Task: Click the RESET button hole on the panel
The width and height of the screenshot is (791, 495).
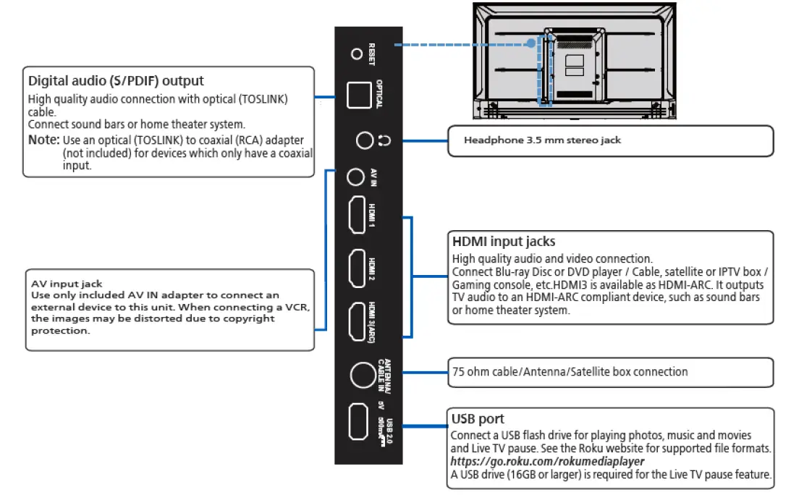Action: tap(355, 54)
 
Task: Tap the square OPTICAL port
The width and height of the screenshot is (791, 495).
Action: tap(360, 95)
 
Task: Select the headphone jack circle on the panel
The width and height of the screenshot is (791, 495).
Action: tap(365, 141)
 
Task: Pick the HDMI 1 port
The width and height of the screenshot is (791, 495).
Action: tap(357, 216)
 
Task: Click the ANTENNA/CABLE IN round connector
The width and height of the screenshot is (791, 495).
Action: tap(362, 374)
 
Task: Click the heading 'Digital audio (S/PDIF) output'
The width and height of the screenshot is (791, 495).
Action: tap(116, 80)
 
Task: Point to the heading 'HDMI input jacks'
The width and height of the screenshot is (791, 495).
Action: tap(504, 242)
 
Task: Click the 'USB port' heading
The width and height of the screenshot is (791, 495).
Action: tap(478, 419)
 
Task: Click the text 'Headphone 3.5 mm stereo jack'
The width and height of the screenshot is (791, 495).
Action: tap(542, 140)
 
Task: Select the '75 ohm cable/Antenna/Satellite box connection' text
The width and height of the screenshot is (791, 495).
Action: tap(569, 372)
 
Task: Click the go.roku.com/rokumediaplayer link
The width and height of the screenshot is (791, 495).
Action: tap(546, 462)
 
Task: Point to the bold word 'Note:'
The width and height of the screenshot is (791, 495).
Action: tap(43, 140)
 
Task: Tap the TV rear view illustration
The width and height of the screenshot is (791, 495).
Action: tap(575, 59)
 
